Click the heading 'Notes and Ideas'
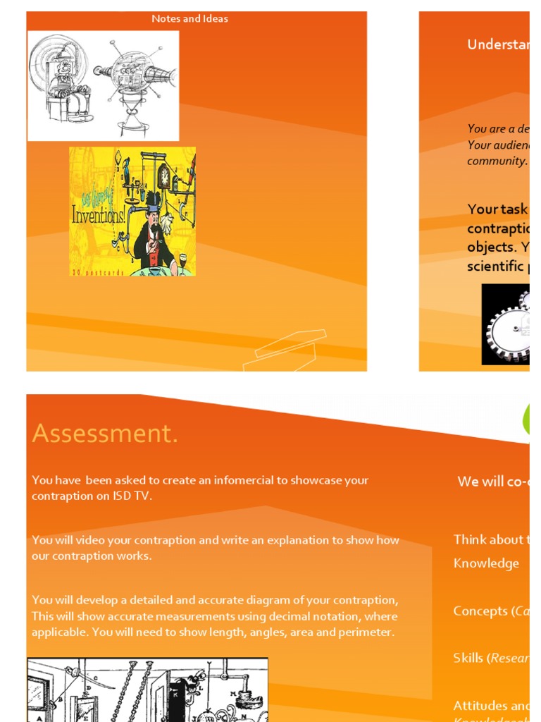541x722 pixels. [x=189, y=19]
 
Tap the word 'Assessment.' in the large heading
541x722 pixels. [x=105, y=434]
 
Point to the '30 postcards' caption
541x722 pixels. [x=98, y=272]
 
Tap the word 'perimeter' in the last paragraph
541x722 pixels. [x=367, y=632]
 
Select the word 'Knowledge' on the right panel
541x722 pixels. [x=486, y=563]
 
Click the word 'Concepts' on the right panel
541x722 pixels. [x=480, y=611]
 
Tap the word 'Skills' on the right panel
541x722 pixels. [x=468, y=658]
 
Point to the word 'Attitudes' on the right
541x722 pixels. [x=480, y=705]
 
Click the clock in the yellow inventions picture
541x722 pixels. [x=164, y=176]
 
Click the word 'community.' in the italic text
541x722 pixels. [x=497, y=161]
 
